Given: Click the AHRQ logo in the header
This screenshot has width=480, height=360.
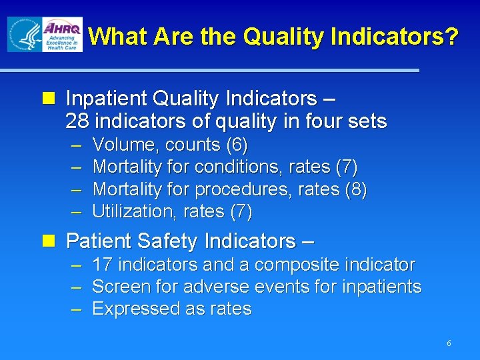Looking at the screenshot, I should coord(62,35).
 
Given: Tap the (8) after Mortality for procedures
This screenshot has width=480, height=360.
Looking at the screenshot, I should coord(355,189).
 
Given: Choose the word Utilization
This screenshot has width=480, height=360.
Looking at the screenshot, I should coord(131,212).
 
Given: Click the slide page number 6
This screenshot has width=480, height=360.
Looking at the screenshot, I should coord(449,343).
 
